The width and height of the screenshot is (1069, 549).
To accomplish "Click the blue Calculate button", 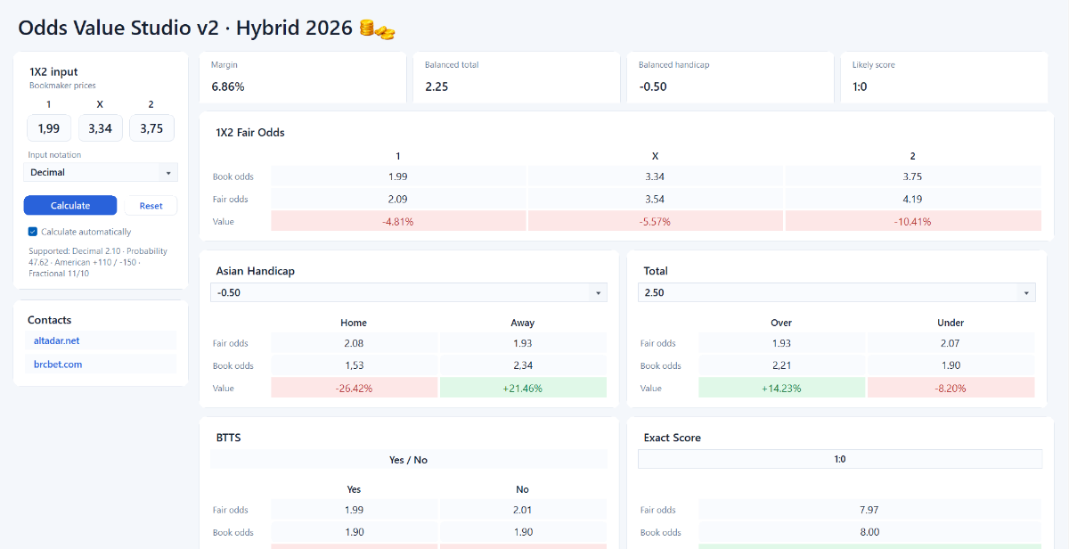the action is click(70, 205).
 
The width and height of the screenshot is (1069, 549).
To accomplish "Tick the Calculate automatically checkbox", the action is click(32, 232).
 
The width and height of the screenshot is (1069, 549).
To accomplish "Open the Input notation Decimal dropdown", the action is click(101, 172).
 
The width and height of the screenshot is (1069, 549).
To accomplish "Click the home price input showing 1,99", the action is click(49, 128).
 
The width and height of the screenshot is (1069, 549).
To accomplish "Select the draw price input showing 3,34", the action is click(100, 128).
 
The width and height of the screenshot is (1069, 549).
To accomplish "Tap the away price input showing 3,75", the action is click(151, 128).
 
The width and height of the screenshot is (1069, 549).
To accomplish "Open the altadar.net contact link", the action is click(56, 340).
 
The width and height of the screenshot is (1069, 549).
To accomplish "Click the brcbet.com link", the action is click(58, 365).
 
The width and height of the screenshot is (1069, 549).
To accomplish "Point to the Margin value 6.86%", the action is click(228, 86).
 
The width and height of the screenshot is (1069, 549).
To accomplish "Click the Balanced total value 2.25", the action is click(437, 86).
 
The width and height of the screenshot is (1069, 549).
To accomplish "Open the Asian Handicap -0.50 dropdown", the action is click(409, 292).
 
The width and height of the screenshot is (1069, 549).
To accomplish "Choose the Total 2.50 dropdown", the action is click(836, 292).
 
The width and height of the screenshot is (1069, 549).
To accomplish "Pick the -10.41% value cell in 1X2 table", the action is click(913, 222).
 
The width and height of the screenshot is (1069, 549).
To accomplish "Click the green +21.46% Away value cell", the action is click(523, 388).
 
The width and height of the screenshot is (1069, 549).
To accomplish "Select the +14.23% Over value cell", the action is click(782, 388).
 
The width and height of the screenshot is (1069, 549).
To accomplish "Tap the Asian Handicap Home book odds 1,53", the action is click(355, 365).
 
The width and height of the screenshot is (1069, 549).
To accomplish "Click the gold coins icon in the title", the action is click(377, 29).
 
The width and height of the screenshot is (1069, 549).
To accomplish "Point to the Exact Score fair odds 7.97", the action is click(869, 510).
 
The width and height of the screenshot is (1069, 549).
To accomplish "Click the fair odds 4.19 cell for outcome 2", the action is click(913, 199).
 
